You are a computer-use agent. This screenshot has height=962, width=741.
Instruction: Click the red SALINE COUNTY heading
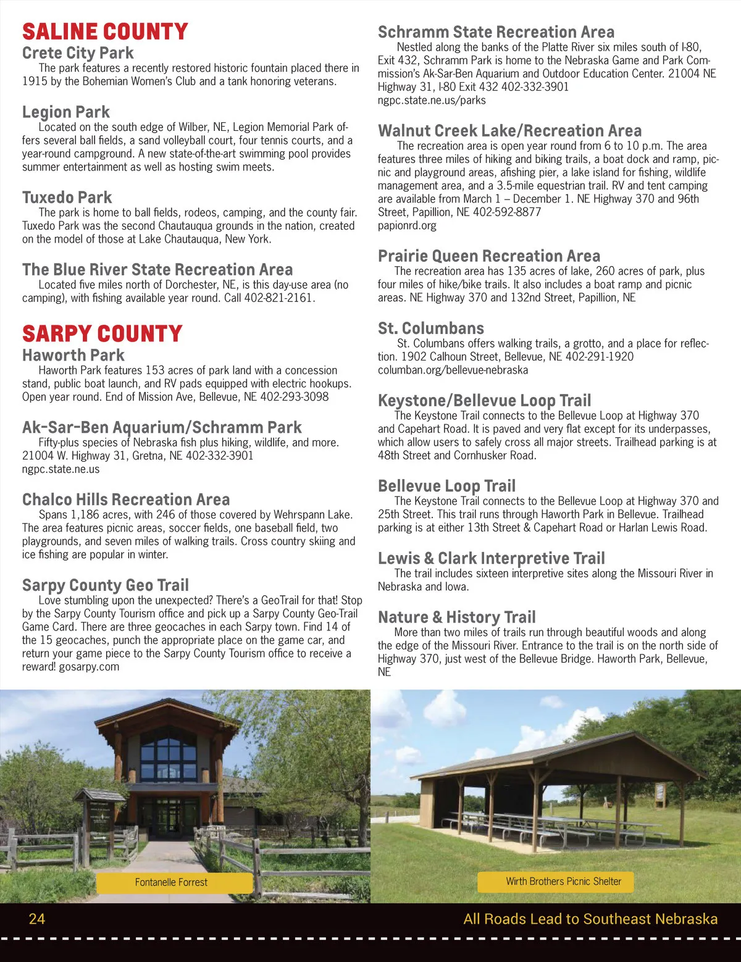[x=105, y=31]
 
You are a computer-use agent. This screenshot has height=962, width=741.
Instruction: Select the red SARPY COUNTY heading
[x=103, y=334]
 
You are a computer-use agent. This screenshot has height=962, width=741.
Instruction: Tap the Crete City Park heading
[x=78, y=53]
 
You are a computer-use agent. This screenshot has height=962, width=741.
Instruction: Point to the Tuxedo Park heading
[x=67, y=198]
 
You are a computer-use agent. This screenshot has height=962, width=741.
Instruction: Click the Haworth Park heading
[x=73, y=356]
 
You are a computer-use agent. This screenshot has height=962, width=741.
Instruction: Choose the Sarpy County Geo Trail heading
[x=106, y=585]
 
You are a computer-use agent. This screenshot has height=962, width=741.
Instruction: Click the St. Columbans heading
[x=431, y=328]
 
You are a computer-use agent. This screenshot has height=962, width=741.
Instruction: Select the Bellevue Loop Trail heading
[x=446, y=486]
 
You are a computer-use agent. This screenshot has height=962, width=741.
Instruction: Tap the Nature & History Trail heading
[x=457, y=617]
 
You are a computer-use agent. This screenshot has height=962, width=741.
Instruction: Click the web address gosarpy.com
[x=89, y=667]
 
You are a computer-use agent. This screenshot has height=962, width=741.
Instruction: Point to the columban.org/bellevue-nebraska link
[x=453, y=370]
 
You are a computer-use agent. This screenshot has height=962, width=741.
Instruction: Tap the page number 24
[x=37, y=919]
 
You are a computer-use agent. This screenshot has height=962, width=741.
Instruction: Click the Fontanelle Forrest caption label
[x=172, y=882]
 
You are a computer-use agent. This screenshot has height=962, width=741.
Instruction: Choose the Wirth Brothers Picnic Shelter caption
[x=563, y=881]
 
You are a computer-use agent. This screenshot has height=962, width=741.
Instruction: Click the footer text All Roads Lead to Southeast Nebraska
[x=590, y=919]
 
